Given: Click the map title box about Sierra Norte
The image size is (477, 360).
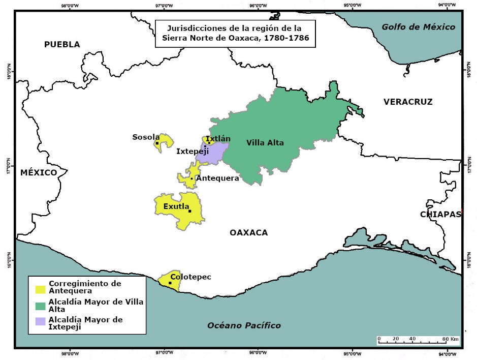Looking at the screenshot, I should click(x=235, y=34).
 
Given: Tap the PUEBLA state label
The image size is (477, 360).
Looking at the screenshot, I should click(x=62, y=44).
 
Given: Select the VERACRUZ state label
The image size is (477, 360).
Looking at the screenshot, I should click(x=408, y=102).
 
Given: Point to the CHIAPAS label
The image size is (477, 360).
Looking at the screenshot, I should click(x=440, y=214).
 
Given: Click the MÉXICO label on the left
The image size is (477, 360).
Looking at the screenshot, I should click(x=39, y=172).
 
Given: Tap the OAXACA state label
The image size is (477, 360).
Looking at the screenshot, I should click(x=248, y=232).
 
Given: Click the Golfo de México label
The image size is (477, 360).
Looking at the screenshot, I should click(x=419, y=27).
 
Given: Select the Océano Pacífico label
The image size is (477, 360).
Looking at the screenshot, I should click(x=244, y=325).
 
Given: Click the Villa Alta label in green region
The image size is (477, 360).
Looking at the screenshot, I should click(x=265, y=142).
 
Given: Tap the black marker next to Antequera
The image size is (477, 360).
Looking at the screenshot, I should click(x=192, y=178).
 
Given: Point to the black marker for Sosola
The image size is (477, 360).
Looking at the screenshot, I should click(x=157, y=143).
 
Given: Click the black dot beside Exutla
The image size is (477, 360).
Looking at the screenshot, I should click(x=189, y=211).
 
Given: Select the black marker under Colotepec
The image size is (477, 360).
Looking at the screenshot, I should click(x=170, y=283).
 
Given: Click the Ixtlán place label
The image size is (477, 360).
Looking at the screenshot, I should click(x=218, y=138).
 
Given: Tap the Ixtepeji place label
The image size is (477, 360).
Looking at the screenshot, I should click(x=193, y=151).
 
